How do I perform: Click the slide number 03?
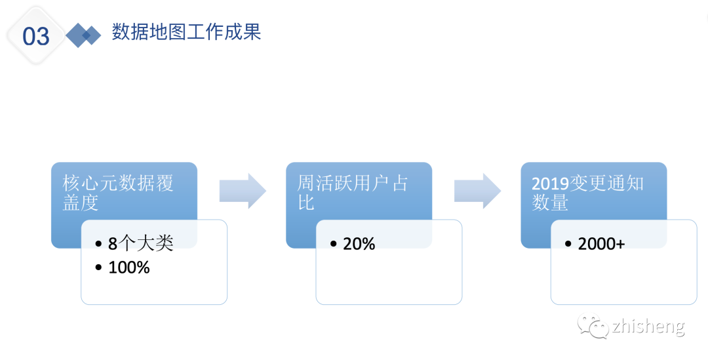(36, 36)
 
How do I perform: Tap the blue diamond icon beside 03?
(83, 35)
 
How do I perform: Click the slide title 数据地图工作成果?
(186, 31)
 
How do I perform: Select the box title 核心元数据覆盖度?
(118, 193)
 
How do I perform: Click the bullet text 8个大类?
(140, 244)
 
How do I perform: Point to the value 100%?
(128, 268)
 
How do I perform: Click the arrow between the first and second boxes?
(242, 191)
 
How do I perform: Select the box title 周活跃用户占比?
(353, 193)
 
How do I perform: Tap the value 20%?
(359, 244)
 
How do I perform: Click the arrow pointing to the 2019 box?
(477, 191)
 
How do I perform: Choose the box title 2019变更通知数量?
(587, 193)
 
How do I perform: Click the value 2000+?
(601, 244)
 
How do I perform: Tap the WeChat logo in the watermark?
(591, 326)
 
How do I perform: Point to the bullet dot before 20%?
(334, 245)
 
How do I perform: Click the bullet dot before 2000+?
(568, 245)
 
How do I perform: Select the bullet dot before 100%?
(98, 268)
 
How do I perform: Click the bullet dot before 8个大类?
(98, 245)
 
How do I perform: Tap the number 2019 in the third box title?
(550, 184)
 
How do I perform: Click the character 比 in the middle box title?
(306, 203)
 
